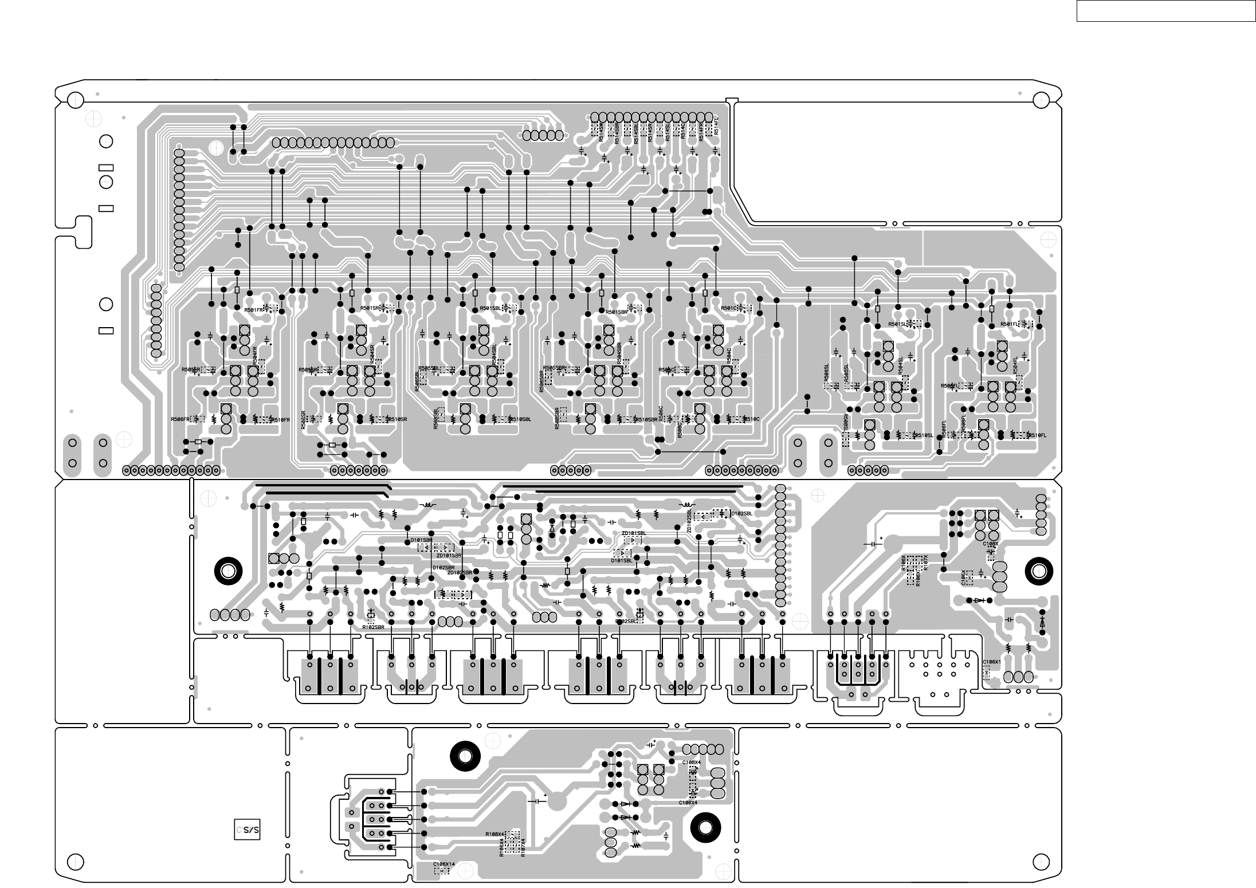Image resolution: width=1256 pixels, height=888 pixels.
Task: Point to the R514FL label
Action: (x=716, y=126)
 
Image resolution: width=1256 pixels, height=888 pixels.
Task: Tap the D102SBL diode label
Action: (x=741, y=514)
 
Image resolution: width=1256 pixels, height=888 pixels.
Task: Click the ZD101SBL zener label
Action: (x=634, y=533)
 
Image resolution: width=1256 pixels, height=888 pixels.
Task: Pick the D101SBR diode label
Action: (x=421, y=540)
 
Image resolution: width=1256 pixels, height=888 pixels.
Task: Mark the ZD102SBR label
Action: (x=460, y=572)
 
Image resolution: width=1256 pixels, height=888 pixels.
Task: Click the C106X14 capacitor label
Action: (x=444, y=865)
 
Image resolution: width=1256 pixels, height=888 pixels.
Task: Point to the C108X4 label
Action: (x=692, y=763)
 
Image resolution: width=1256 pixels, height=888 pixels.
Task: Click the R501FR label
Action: (x=254, y=309)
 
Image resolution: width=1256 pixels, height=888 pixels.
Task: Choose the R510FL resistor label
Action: (x=1037, y=435)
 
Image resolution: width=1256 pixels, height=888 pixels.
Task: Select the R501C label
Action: (x=729, y=308)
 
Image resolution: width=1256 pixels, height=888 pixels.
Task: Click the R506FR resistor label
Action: (x=180, y=419)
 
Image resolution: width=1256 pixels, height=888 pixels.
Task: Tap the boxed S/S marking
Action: (x=248, y=830)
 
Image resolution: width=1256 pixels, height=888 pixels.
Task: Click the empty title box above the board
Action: (x=1165, y=11)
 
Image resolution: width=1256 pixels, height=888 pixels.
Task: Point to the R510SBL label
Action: (x=521, y=419)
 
